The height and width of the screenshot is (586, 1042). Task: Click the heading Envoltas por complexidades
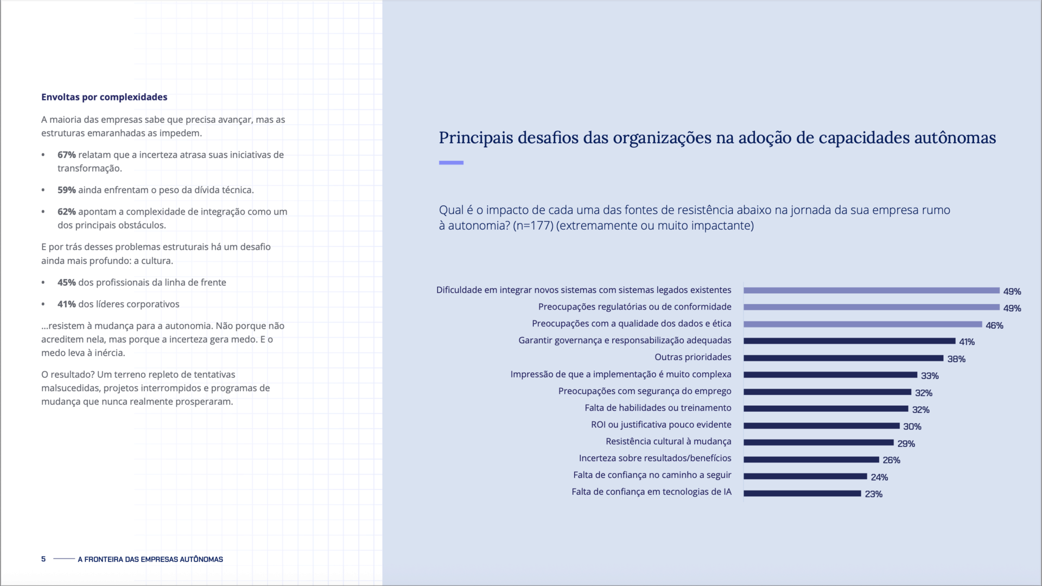(x=104, y=97)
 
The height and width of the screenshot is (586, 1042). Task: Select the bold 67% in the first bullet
(x=66, y=155)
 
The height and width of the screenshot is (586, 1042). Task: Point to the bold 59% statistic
(x=66, y=190)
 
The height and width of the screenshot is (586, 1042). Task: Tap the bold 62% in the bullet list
(x=66, y=212)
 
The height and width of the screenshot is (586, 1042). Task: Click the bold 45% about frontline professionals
(x=66, y=282)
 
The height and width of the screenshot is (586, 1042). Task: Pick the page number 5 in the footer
(x=43, y=559)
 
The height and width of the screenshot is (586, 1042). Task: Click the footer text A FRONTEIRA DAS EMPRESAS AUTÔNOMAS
(x=150, y=559)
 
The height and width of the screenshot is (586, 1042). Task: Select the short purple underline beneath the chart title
(x=451, y=162)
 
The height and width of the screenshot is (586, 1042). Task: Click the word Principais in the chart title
(x=475, y=138)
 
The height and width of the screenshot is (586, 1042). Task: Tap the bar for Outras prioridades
(x=843, y=358)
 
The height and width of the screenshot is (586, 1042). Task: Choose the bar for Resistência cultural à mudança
(x=818, y=443)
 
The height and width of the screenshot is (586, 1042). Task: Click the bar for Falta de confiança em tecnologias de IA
(x=802, y=494)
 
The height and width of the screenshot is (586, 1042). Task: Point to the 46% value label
(x=994, y=325)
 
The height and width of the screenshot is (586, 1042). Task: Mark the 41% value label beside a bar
(x=967, y=342)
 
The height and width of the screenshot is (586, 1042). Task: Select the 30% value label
(x=912, y=426)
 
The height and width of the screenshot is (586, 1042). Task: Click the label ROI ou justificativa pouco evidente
(x=660, y=425)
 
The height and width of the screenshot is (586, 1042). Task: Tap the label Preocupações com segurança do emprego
(x=644, y=391)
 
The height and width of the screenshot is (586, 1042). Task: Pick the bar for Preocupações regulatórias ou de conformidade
(x=871, y=307)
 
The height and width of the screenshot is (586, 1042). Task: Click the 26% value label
(x=891, y=460)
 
